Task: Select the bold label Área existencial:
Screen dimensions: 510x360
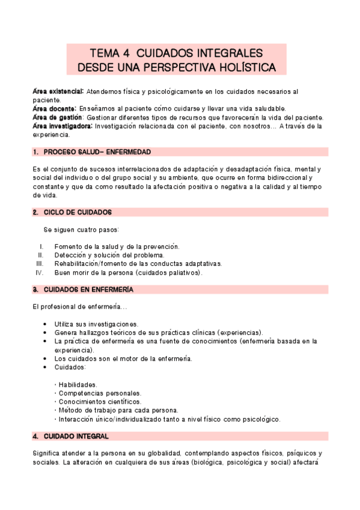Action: point(58,91)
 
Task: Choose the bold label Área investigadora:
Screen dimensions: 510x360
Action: point(63,126)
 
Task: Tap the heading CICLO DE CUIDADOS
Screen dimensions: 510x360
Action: point(78,212)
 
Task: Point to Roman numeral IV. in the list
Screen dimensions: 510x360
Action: point(40,272)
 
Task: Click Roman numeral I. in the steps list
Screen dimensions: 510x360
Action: point(41,247)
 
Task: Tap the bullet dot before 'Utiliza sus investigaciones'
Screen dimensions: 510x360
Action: point(47,324)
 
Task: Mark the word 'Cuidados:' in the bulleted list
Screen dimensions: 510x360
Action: point(70,367)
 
